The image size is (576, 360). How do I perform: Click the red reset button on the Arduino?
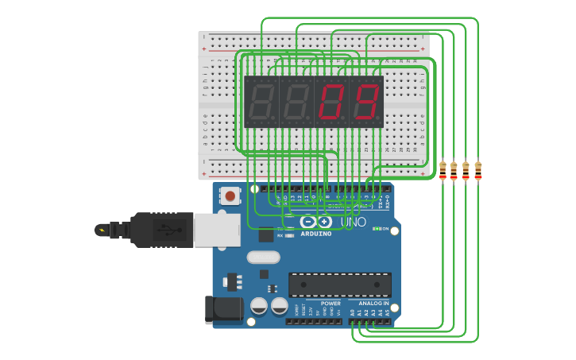(230, 195)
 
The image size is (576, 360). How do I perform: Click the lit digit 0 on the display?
(331, 102)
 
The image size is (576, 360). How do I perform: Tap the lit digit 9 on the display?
(366, 102)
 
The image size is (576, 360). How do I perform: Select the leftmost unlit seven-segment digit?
(261, 102)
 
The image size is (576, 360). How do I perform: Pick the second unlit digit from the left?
(296, 102)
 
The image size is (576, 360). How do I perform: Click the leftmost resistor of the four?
(443, 170)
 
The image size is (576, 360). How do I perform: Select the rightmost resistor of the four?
(478, 170)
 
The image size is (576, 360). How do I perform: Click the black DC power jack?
(224, 310)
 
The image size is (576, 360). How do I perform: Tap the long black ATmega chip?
(339, 285)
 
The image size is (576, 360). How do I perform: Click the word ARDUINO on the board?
(317, 234)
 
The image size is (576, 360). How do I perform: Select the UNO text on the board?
(354, 223)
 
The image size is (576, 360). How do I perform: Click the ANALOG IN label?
(373, 304)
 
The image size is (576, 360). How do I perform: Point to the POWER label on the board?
(331, 304)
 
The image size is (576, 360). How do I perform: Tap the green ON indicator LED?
(376, 229)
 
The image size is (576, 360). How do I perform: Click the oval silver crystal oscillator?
(263, 257)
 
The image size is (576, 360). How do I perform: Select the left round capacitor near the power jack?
(259, 306)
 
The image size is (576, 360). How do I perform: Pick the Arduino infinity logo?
(317, 222)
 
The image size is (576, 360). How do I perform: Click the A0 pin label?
(352, 313)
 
